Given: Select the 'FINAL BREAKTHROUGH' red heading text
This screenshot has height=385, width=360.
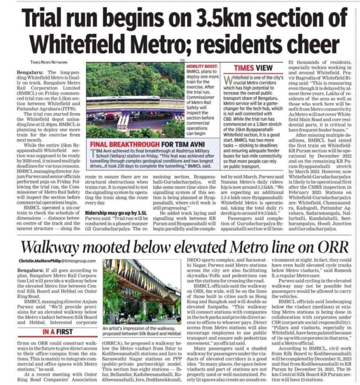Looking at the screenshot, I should pyautogui.click(x=124, y=144).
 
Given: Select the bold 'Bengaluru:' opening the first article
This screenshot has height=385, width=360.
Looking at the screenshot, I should pyautogui.click(x=29, y=73).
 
